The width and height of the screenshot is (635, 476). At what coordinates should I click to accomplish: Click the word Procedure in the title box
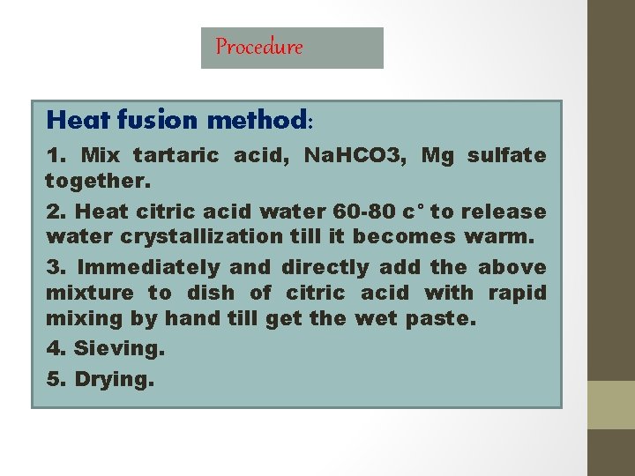click(x=258, y=47)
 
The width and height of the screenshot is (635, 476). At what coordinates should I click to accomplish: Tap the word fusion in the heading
click(x=164, y=119)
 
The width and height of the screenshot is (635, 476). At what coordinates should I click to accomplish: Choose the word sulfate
click(x=506, y=156)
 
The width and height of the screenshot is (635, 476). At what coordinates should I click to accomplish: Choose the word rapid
click(x=516, y=293)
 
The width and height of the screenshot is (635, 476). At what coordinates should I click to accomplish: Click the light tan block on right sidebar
click(x=611, y=405)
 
